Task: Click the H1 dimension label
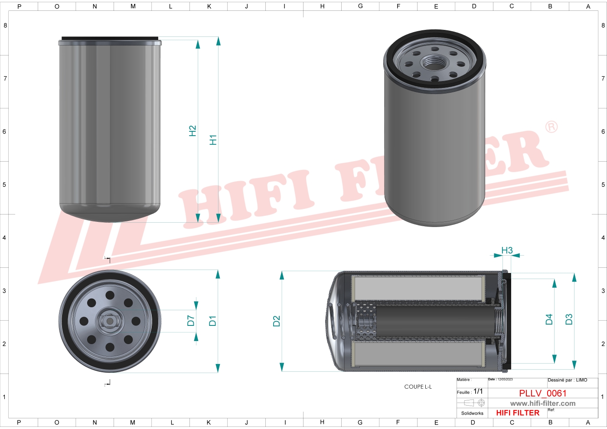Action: click(213, 140)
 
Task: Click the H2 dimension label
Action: click(193, 131)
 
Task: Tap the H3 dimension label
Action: click(507, 250)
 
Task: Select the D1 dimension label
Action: click(212, 321)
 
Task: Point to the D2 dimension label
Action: click(277, 321)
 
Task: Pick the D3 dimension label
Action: click(569, 319)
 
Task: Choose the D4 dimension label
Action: click(549, 319)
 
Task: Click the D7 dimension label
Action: click(191, 321)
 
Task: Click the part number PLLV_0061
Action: click(543, 393)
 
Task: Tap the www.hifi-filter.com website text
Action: click(543, 403)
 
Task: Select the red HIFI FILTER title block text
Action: click(518, 413)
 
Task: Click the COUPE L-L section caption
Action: click(418, 387)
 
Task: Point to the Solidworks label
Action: click(472, 413)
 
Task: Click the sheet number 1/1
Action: click(478, 391)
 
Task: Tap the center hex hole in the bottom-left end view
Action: click(110, 321)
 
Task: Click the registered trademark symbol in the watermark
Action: click(551, 127)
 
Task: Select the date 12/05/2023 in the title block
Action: click(505, 380)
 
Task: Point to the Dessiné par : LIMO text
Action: click(567, 380)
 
